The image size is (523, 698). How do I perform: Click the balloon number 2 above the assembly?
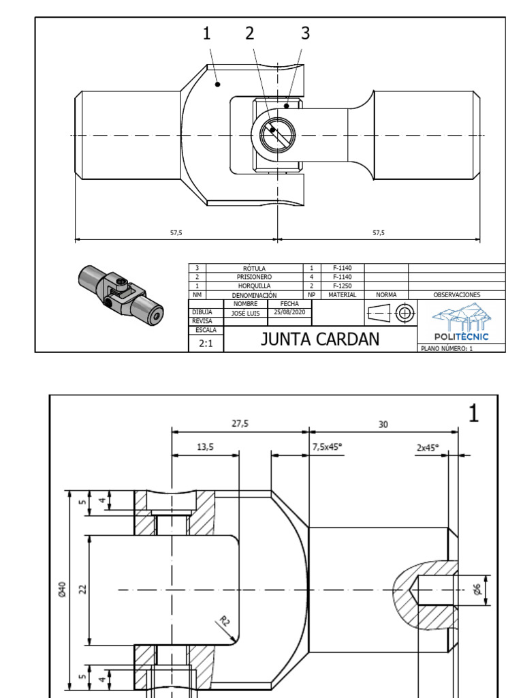250,33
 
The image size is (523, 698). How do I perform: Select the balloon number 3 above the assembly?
305,33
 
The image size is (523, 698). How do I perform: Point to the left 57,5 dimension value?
176,232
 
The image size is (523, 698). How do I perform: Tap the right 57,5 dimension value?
379,232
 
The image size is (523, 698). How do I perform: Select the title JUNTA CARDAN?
319,339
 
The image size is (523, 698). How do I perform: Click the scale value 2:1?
206,344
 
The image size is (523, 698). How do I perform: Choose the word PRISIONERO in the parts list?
254,277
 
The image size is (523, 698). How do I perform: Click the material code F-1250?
342,286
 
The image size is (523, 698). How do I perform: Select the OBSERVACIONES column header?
456,295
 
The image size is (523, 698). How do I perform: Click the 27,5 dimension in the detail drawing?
240,423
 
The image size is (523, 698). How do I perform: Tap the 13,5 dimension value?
204,447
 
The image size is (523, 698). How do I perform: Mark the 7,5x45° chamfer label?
327,447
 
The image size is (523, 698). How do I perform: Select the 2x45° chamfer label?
428,448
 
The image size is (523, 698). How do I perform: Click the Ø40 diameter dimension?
62,590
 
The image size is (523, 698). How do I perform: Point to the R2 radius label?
225,620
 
